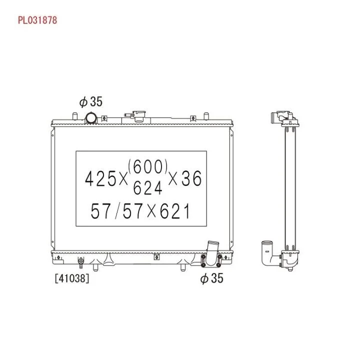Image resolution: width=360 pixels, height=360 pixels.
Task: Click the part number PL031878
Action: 37,20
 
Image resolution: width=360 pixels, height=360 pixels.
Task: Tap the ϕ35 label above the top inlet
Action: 91,101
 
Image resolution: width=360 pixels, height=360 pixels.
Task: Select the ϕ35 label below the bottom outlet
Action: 211,278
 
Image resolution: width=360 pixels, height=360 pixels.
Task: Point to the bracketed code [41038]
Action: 72,278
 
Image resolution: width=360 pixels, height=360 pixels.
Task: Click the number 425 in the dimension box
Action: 100,178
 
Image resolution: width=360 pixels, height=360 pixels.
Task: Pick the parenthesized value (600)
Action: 148,166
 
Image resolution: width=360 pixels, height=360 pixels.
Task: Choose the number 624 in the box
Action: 147,187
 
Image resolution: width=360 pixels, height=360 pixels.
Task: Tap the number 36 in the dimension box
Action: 191,178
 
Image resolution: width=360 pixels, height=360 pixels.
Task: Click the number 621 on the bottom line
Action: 174,211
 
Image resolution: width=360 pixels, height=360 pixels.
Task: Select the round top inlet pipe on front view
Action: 91,118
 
